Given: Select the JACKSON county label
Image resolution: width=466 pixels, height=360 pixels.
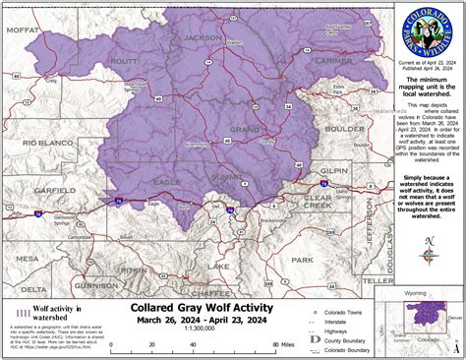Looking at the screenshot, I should [x=203, y=37].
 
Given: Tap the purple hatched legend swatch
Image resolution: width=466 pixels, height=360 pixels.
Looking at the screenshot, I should [x=21, y=314].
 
